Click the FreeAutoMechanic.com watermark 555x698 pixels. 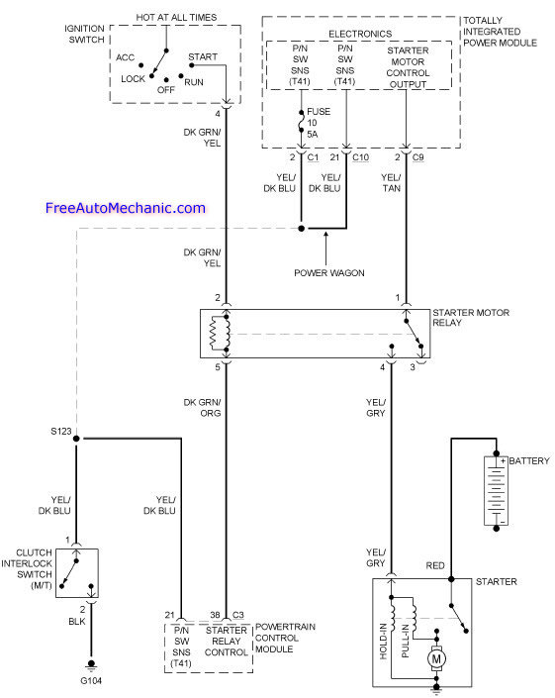[126, 208]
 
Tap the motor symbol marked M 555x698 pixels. [436, 658]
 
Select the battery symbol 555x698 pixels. [496, 490]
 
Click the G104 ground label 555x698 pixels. [91, 680]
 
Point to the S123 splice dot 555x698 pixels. [76, 439]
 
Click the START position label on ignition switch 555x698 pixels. [203, 57]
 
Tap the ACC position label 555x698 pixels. [125, 57]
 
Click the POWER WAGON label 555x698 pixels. [329, 273]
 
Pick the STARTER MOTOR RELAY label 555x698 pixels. [471, 318]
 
